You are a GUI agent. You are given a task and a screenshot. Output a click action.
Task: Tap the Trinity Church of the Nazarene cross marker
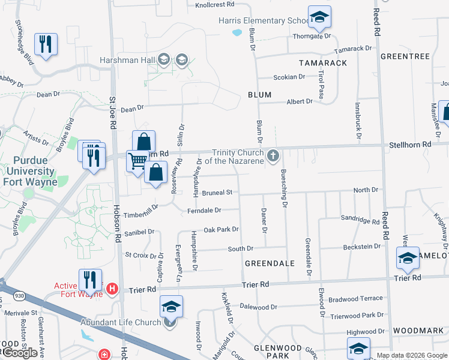tap(273, 157)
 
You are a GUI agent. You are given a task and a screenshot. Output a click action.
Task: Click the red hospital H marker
tap(112, 290)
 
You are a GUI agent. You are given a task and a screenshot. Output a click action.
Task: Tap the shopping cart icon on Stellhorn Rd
tap(137, 161)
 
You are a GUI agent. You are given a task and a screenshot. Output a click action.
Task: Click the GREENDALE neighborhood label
tap(270, 263)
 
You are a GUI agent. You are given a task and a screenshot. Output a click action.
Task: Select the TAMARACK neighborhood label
tap(323, 63)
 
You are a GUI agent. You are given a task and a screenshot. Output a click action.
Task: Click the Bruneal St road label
tap(217, 193)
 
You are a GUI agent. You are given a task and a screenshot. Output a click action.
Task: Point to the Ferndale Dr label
tap(204, 211)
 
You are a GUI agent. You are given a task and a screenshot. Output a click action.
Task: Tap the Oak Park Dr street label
tap(221, 230)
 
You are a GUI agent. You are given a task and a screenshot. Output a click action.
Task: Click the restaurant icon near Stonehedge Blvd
tap(46, 44)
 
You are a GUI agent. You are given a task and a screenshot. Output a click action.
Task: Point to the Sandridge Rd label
tap(360, 221)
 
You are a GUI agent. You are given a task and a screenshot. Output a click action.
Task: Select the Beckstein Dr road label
tap(362, 247)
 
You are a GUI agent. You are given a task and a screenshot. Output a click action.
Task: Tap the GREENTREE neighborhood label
tap(405, 56)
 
